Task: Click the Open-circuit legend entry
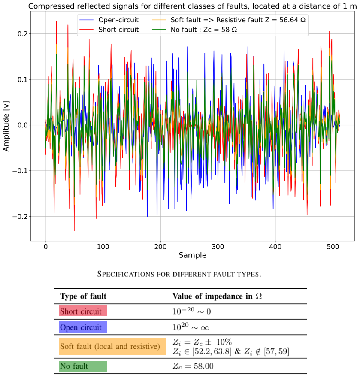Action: [x=109, y=20]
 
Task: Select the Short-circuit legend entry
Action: [x=109, y=30]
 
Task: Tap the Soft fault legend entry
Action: [x=229, y=20]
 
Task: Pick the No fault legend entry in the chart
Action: [x=194, y=30]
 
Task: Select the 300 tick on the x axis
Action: [x=218, y=247]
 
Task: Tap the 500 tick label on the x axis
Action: [x=333, y=247]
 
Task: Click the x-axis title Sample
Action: [x=193, y=255]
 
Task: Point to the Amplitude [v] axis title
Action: [x=6, y=126]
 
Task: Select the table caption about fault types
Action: [x=179, y=274]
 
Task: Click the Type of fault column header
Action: [x=83, y=296]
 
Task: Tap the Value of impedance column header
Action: [x=217, y=296]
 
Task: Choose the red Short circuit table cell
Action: [x=83, y=311]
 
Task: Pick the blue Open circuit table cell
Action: [x=83, y=327]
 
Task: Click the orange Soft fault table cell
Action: [x=113, y=347]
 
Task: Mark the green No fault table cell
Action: [x=83, y=366]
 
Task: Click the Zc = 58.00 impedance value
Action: [x=193, y=366]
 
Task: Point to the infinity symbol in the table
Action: [x=205, y=328]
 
